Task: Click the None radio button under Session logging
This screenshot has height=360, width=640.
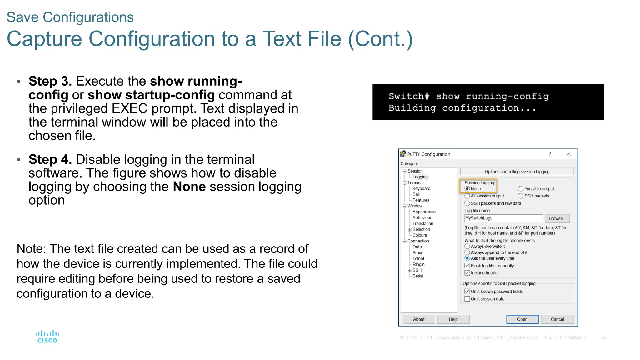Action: [467, 189]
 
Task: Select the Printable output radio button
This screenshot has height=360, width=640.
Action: [521, 189]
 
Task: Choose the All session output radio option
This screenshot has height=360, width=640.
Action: [467, 196]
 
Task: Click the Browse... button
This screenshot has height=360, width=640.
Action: [557, 218]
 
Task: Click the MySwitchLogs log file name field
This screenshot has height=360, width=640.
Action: [503, 218]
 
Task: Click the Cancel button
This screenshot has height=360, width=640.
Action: [557, 319]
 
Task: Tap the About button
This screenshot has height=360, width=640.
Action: [418, 319]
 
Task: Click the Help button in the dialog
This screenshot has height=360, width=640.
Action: [453, 319]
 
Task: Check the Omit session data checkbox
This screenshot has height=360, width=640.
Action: [467, 299]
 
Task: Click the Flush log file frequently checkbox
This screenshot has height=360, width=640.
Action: [467, 266]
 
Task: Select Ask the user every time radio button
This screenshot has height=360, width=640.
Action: [467, 258]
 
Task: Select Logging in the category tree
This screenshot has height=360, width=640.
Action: [420, 177]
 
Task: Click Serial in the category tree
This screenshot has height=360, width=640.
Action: [417, 276]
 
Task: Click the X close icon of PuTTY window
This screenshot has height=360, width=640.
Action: [568, 154]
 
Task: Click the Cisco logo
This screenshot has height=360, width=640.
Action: [47, 337]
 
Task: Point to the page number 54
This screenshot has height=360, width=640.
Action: [604, 338]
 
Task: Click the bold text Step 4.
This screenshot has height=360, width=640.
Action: [50, 160]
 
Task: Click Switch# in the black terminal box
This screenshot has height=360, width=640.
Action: [409, 96]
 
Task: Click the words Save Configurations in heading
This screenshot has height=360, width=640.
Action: [70, 17]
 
